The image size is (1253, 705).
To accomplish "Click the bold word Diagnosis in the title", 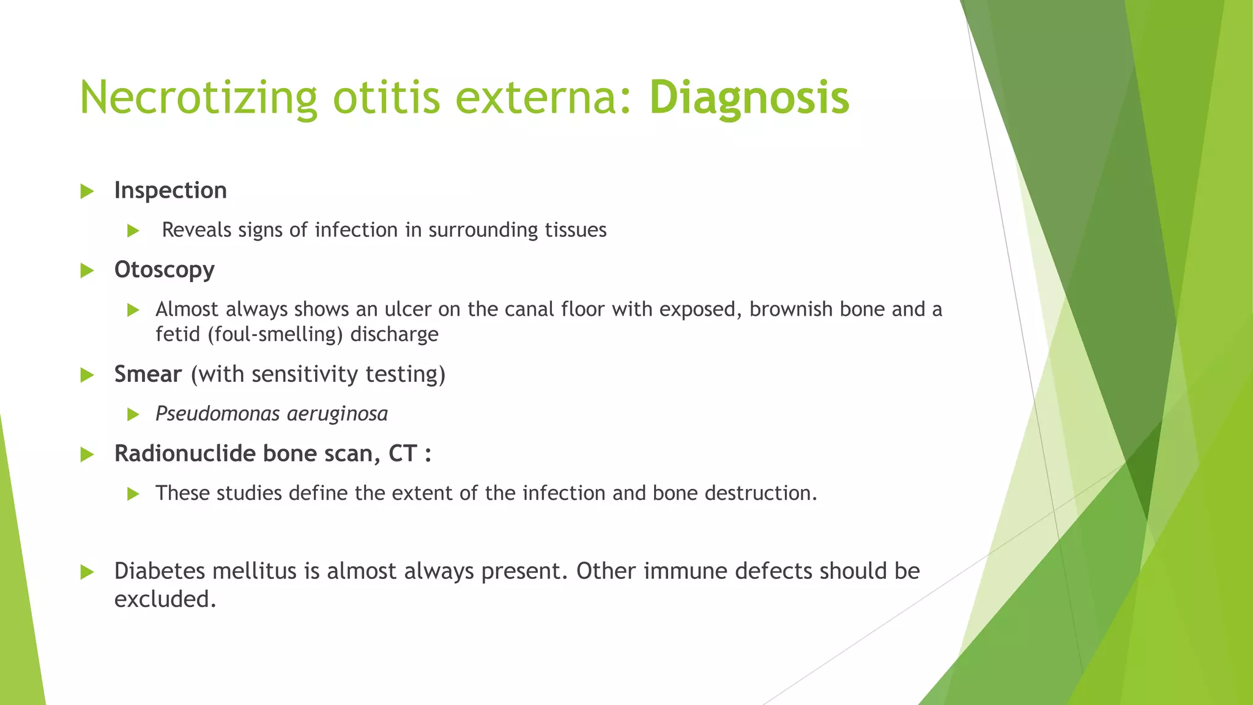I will [x=749, y=98].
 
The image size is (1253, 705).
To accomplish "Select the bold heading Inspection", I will [x=170, y=191].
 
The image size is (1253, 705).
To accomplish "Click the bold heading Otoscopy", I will [x=164, y=270].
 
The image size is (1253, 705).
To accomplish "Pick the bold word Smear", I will [x=148, y=374].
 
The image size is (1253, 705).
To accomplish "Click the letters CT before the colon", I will [x=403, y=453].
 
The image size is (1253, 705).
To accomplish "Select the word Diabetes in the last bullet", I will [x=160, y=571].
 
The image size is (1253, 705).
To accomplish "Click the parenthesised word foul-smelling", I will [x=275, y=335].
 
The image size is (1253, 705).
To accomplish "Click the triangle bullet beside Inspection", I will [x=87, y=192].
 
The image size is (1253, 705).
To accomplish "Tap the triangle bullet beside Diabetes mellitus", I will [x=87, y=572].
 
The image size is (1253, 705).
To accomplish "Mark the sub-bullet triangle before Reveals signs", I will [x=133, y=231].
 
